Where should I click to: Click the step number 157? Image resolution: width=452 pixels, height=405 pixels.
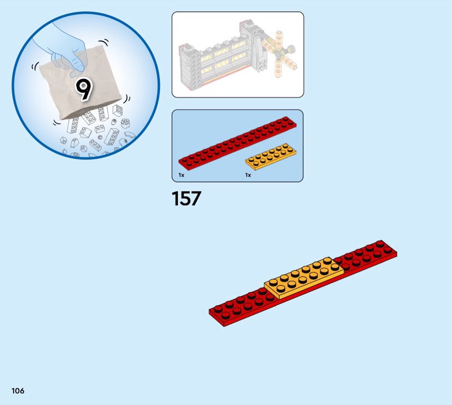point(186,199)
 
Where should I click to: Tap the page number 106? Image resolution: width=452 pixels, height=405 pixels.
point(18,390)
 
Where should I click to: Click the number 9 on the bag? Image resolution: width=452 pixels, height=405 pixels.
point(84,89)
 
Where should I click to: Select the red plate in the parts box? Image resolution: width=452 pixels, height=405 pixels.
point(237,143)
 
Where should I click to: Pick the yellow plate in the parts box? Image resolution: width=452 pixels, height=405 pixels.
point(271,157)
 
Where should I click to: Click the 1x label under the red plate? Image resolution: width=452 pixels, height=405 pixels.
point(181,175)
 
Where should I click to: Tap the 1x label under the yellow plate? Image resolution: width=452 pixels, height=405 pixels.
point(248,175)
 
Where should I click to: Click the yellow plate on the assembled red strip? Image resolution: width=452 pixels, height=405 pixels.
point(304,278)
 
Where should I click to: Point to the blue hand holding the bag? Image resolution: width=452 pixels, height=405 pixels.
point(62,49)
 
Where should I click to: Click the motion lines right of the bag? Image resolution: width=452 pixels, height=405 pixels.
point(127,99)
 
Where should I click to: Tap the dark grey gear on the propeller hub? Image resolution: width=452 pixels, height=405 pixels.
point(291,48)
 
